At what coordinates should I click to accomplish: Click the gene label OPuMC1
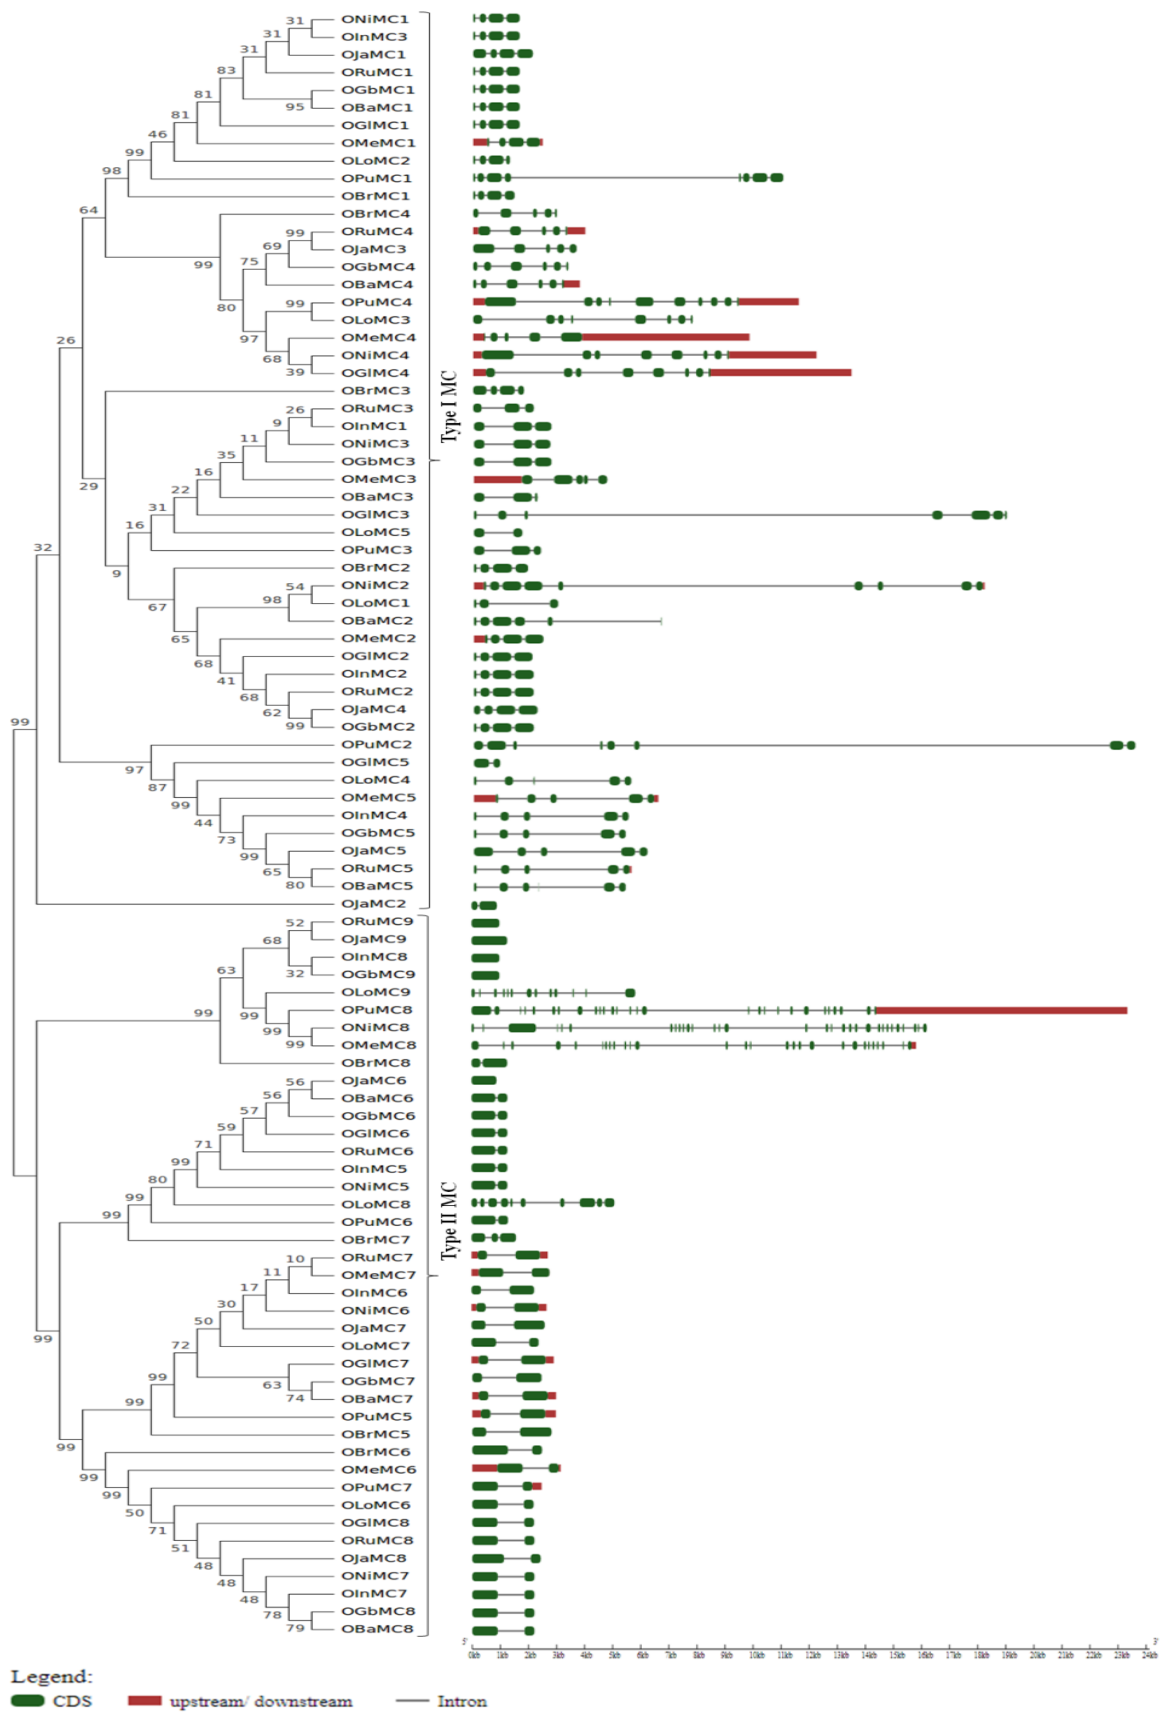point(376,178)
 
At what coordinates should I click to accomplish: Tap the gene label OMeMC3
point(378,479)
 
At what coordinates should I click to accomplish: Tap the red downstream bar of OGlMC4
point(780,373)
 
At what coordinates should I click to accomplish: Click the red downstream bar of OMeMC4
point(665,337)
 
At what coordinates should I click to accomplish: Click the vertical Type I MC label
point(449,407)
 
